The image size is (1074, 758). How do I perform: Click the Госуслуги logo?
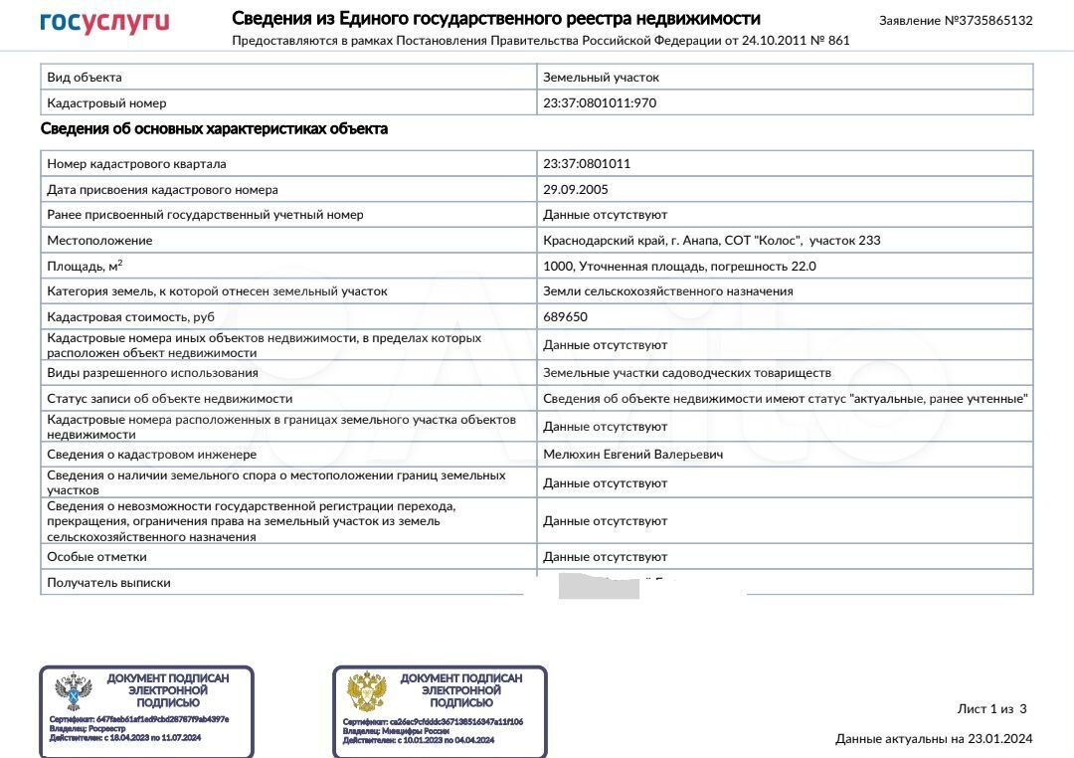coord(104,22)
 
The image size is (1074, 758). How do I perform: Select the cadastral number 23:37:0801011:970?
coord(600,103)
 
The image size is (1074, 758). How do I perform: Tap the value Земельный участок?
coord(601,78)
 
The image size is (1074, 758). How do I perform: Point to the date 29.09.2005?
coord(576,190)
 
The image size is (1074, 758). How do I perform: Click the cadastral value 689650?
coord(565,317)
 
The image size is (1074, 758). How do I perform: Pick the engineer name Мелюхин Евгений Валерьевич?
coord(632,455)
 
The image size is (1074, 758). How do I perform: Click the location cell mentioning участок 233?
coord(711,241)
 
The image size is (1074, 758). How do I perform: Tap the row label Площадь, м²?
coord(86,267)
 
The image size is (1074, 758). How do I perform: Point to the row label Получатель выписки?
coord(108,583)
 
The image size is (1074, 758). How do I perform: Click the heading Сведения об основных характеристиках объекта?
coord(214,129)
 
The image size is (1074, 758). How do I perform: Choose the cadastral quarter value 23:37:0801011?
coord(587,164)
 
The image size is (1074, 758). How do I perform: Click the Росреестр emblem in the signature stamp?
coord(74,692)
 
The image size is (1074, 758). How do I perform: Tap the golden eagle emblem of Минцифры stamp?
coord(367,692)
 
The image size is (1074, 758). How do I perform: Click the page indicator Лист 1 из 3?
coord(991,709)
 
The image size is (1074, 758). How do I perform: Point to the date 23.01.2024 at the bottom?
coord(1001,739)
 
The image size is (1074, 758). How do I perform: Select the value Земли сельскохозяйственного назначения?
coord(667,291)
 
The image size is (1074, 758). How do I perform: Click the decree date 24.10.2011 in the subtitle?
coord(775,41)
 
